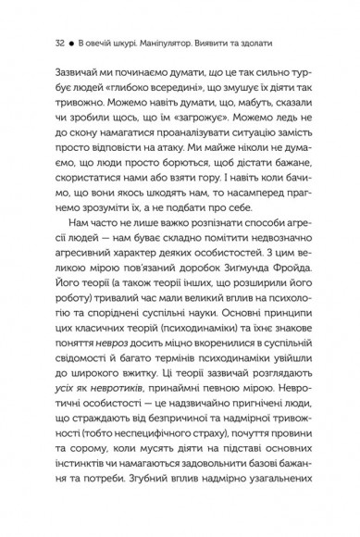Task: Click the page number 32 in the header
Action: (x=35, y=43)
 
